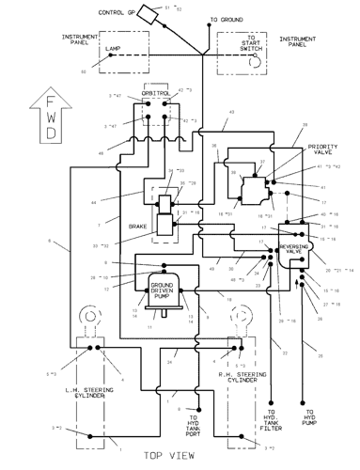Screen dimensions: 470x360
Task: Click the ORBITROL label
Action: coord(155,95)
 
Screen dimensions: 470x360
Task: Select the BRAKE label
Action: coord(138,227)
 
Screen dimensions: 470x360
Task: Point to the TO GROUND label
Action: coord(226,19)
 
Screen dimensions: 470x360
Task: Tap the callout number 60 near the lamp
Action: coord(83,71)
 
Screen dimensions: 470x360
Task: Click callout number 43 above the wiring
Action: coord(232,113)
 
